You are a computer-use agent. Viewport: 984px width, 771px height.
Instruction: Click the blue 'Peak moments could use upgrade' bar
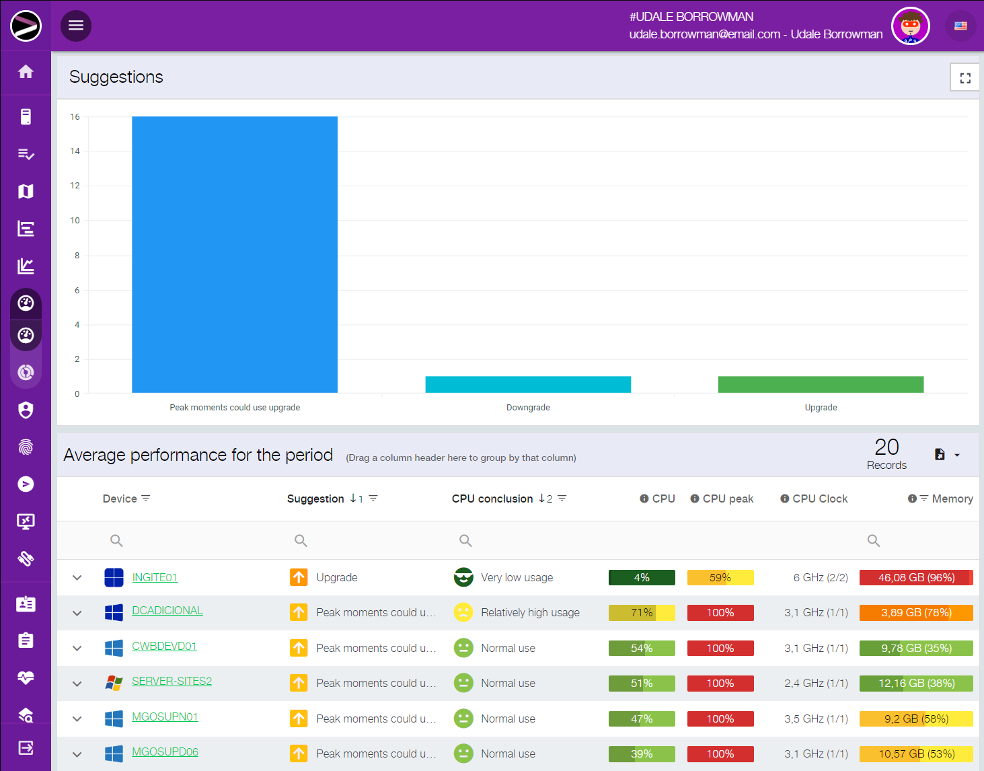point(235,254)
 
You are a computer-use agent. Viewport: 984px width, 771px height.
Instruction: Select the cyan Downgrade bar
point(528,384)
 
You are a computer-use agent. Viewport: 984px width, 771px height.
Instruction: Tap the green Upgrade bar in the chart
point(821,384)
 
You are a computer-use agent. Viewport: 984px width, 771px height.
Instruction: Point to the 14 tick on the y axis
point(75,151)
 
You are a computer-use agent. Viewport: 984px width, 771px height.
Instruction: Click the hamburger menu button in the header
point(76,26)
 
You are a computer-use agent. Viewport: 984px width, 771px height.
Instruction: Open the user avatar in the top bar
point(910,26)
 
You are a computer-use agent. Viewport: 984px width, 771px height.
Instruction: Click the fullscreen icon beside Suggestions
point(965,78)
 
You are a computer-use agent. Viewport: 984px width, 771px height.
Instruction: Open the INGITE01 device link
point(155,577)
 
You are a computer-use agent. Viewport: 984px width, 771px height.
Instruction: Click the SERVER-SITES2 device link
point(172,681)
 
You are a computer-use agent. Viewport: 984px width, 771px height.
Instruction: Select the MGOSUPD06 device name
point(165,751)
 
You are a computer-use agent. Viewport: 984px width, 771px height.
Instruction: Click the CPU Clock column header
point(820,499)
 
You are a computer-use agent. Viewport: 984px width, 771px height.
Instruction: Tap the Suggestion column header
point(315,499)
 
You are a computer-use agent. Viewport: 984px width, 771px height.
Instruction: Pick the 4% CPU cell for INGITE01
point(642,577)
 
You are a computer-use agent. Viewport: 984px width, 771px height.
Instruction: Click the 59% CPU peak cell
point(720,577)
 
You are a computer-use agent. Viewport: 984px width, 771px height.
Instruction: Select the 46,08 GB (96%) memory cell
point(916,577)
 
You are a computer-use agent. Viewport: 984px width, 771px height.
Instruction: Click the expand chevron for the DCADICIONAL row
point(77,613)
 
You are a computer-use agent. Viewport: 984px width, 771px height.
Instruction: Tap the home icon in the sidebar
point(26,71)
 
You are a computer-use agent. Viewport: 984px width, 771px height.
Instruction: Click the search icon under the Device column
point(116,540)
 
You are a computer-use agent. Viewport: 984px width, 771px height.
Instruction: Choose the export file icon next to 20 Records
point(940,455)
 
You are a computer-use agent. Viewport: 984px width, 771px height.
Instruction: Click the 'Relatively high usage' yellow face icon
point(463,612)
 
